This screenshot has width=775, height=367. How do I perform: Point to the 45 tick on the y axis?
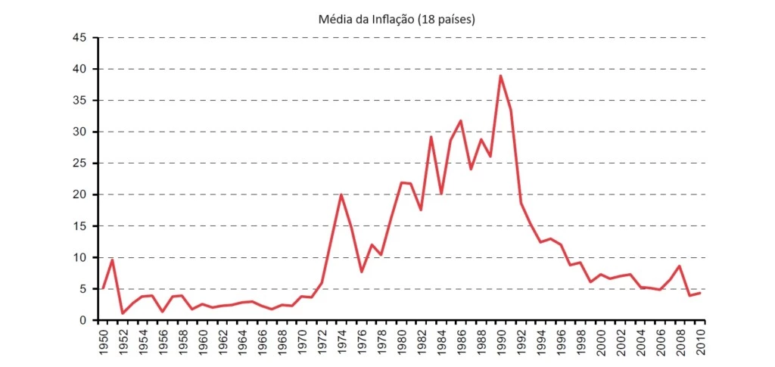(80, 38)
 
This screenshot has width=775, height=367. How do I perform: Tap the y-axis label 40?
(80, 69)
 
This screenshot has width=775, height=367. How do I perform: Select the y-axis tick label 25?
(80, 163)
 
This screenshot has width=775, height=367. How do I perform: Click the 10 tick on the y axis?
(80, 257)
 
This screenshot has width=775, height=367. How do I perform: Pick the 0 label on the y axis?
(83, 320)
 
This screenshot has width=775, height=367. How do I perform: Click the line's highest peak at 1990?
(500, 76)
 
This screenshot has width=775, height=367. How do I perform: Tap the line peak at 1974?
(341, 194)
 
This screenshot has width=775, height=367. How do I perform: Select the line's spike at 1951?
(112, 260)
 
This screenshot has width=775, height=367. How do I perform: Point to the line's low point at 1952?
(122, 313)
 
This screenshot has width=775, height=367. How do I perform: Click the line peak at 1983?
(431, 137)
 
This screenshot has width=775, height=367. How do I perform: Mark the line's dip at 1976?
(361, 272)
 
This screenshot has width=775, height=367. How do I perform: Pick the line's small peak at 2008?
(680, 266)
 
